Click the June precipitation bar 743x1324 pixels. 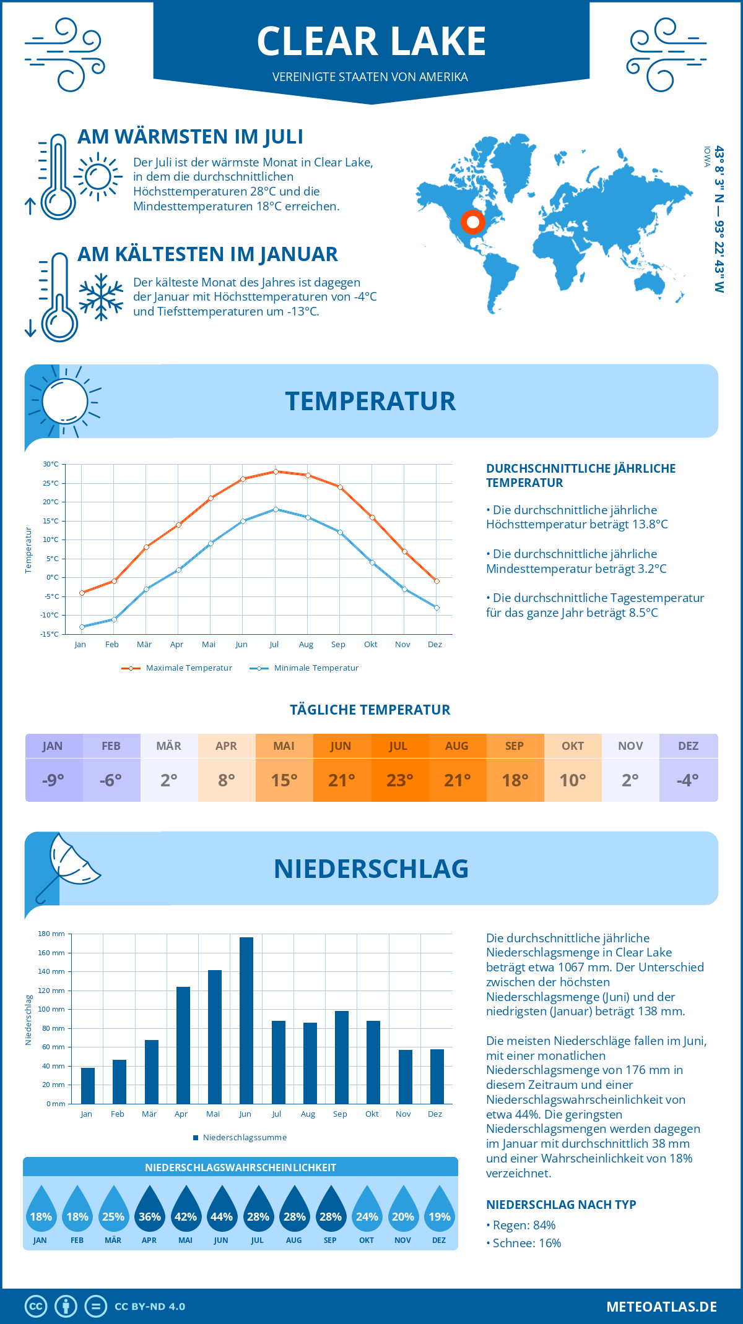point(246,1021)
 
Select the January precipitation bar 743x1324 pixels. point(88,1086)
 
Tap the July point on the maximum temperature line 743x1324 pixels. point(276,471)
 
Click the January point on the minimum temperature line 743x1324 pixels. point(82,627)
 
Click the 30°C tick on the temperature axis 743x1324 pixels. point(51,464)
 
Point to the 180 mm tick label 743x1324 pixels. point(51,934)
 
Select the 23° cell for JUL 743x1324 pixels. point(399,780)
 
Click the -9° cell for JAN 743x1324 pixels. point(53,780)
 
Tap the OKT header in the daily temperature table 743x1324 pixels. point(573,746)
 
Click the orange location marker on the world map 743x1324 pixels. point(473,221)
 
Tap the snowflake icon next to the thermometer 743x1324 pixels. point(101,297)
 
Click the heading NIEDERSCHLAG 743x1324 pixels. point(371,869)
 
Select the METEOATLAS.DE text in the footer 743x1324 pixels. point(661,1307)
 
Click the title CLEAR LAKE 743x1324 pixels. point(371,41)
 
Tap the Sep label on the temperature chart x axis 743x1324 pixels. point(338,645)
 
